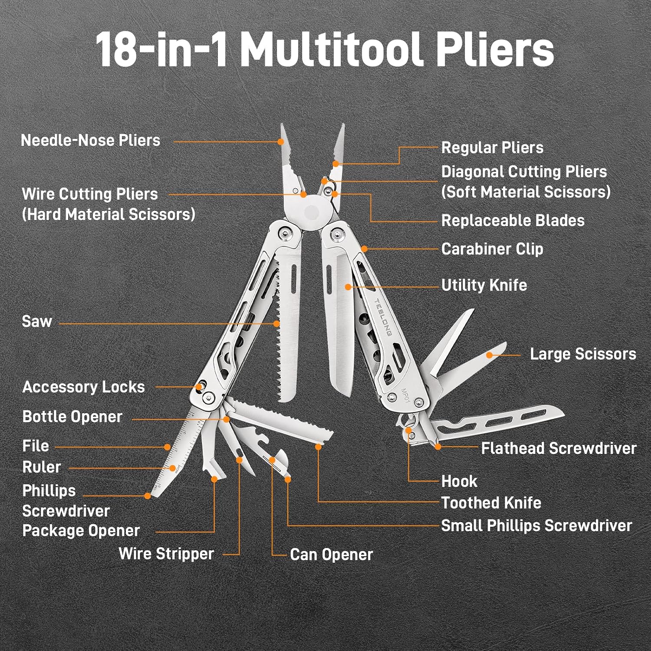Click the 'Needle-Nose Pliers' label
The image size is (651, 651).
91,140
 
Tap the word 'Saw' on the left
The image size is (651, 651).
37,322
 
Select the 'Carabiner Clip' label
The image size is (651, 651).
492,249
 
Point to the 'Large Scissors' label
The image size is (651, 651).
583,354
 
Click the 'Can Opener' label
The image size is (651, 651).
332,555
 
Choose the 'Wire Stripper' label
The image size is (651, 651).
166,554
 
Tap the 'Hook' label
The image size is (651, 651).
459,481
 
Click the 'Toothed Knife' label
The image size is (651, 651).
491,503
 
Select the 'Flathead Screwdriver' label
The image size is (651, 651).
559,448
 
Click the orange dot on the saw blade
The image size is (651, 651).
276,323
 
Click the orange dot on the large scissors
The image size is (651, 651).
490,355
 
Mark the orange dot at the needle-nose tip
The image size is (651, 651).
281,141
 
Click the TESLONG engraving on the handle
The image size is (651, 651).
383,317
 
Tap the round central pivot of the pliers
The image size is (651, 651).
312,212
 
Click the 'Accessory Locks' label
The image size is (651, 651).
83,387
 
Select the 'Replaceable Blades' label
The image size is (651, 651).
513,220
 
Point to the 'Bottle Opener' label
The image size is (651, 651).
72,417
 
